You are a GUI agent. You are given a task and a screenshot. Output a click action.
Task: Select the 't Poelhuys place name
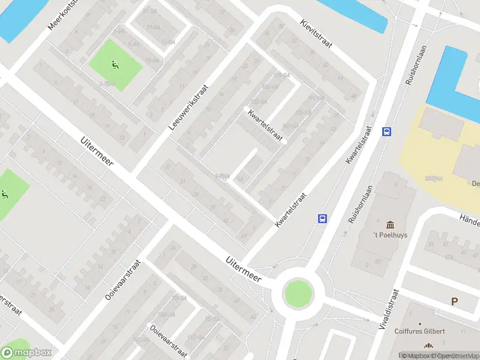click(x=390, y=235)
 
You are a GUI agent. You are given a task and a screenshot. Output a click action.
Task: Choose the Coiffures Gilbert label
click(x=419, y=331)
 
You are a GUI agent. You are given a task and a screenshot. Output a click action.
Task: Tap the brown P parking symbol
click(x=454, y=302)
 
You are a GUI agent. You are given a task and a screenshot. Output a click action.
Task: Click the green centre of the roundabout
click(x=298, y=293)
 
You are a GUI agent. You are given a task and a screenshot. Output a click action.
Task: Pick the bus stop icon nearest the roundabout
click(x=323, y=218)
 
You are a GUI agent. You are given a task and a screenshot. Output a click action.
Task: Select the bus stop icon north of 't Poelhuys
click(x=387, y=131)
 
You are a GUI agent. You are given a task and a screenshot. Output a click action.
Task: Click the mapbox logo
click(x=26, y=353)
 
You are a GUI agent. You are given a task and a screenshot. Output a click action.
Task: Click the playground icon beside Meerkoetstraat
click(x=115, y=65)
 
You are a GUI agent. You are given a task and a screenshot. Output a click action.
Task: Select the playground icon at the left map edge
click(x=5, y=194)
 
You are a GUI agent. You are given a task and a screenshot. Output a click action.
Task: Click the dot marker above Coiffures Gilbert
click(x=428, y=345)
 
